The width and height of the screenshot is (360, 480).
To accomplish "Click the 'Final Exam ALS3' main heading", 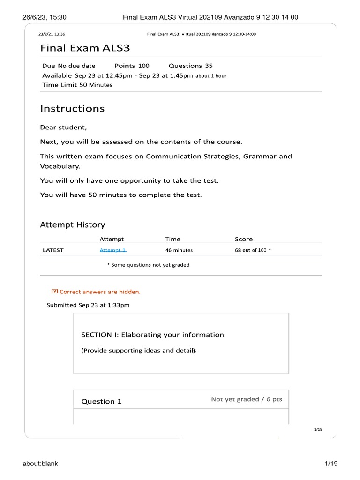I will point(85,48).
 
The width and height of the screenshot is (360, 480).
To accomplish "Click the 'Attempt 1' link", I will point(113,250).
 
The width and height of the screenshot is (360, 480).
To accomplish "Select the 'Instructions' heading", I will point(72,109).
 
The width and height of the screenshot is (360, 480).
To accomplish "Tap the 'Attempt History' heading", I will point(72,225).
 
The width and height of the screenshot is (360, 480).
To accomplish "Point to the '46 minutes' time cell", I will point(179,250).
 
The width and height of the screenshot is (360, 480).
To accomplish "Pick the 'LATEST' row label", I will point(53,250).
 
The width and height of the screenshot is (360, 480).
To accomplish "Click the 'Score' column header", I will point(243,239).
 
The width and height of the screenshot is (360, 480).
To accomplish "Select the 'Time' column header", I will point(172,239).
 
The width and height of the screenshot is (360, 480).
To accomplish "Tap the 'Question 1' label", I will point(101,401).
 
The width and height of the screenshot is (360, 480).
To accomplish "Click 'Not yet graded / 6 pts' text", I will point(247,399).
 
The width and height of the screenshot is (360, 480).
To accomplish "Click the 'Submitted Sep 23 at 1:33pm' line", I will point(88,305).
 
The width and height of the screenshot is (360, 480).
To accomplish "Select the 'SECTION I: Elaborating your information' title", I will point(152,335).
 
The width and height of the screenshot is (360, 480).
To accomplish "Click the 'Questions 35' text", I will point(190,66).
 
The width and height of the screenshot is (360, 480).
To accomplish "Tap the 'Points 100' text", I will point(132,66).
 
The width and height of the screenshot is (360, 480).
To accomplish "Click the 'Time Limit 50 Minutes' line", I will point(77,85).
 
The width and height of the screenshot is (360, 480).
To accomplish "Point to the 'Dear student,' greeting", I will point(63,127).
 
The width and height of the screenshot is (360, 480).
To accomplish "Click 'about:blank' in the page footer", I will point(40,464).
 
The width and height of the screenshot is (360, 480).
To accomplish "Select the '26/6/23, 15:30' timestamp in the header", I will point(45,17).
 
